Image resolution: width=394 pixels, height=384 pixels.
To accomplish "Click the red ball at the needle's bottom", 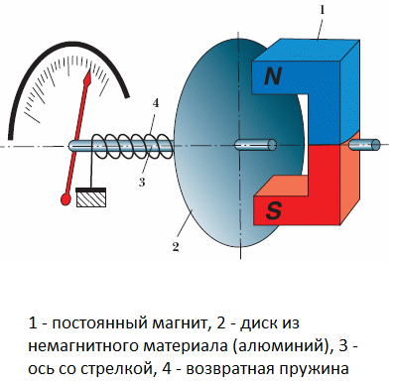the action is click(x=65, y=201).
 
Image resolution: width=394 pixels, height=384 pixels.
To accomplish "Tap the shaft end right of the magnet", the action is click(x=367, y=145).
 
